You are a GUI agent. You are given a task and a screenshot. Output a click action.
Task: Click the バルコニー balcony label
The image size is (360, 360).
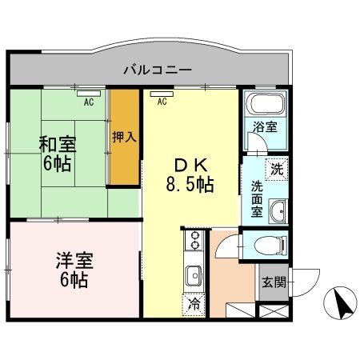pos(158,70)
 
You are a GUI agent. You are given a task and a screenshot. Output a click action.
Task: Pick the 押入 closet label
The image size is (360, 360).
pos(125,137)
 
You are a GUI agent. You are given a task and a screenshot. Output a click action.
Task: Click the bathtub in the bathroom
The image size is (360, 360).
pos(264,104)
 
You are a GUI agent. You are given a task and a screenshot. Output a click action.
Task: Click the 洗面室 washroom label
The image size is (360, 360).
pos(257,198)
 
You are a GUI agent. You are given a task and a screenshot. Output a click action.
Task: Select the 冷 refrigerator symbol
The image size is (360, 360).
pos(194,303)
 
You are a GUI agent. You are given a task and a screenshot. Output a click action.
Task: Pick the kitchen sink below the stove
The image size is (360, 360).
pos(194,276)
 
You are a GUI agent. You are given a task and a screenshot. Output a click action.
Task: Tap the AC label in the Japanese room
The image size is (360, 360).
pos(89,102)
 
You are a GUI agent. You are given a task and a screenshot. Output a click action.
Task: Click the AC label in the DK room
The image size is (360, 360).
pos(162,102)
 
